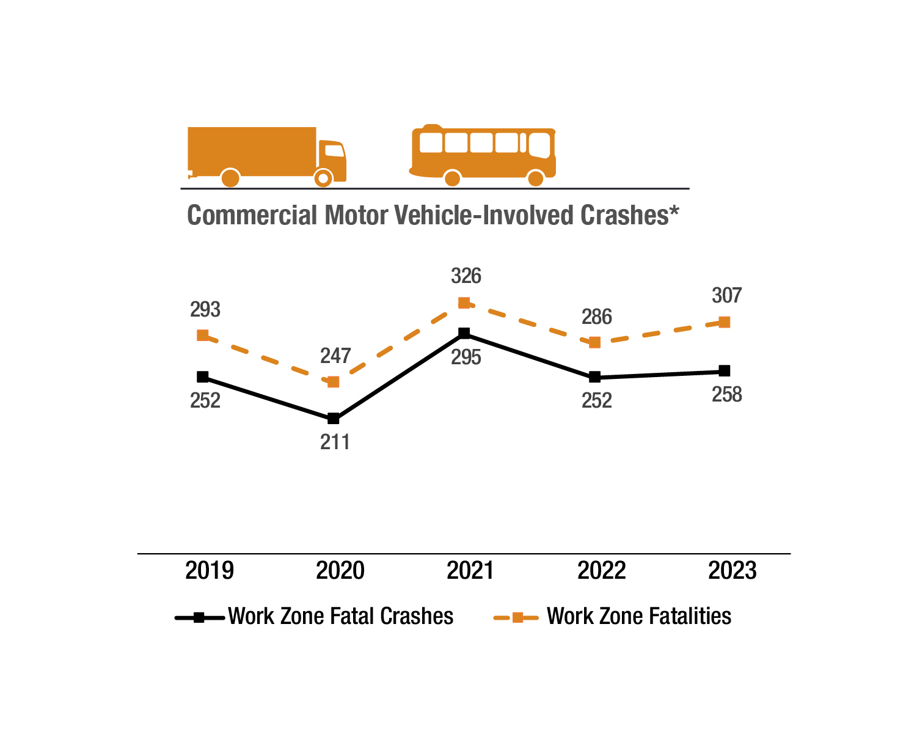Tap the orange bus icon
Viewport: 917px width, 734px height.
(x=483, y=154)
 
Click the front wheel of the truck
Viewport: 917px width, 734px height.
(x=323, y=178)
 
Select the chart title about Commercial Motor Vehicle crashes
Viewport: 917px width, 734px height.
(x=433, y=216)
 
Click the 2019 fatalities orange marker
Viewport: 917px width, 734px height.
(x=203, y=335)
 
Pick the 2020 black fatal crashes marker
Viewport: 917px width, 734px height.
(x=334, y=419)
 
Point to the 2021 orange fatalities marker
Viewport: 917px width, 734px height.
(x=464, y=303)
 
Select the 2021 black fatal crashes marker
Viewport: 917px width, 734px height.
(x=464, y=333)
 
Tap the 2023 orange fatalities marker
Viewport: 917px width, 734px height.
(x=725, y=322)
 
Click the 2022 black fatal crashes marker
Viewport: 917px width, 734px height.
(x=594, y=377)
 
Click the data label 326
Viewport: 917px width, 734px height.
(x=466, y=276)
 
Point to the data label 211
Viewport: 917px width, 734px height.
(x=335, y=442)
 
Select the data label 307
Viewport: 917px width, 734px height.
(x=727, y=296)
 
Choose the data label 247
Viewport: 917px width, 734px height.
(x=335, y=356)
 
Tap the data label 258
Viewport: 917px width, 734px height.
(x=727, y=395)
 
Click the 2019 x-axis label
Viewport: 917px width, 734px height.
(x=210, y=571)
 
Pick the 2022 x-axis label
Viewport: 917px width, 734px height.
(x=602, y=571)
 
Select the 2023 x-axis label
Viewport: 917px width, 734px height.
(x=733, y=571)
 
